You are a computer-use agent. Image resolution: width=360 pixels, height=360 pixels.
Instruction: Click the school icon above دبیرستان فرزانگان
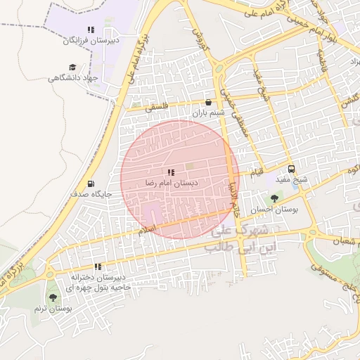click(90, 30)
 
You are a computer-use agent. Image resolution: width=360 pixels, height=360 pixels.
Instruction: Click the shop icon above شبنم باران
click(208, 102)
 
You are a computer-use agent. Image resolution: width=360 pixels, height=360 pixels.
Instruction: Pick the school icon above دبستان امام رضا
click(171, 172)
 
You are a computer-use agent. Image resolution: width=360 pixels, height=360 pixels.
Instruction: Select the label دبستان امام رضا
click(172, 183)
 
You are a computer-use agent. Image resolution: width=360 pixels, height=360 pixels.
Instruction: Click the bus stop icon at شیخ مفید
click(292, 169)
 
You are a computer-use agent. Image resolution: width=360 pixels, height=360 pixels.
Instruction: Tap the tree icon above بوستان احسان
click(274, 199)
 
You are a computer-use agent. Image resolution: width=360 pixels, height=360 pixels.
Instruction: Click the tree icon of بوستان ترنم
click(53, 298)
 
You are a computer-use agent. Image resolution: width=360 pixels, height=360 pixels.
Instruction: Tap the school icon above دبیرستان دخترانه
click(98, 266)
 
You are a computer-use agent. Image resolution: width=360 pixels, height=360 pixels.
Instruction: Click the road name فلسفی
click(157, 108)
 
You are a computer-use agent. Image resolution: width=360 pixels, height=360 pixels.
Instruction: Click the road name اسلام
click(148, 230)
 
